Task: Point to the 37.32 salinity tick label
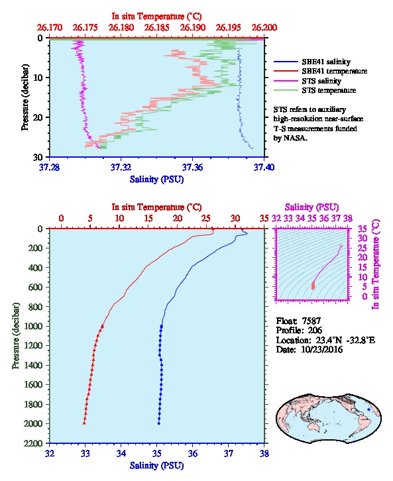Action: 121,168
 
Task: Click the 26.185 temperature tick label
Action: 157,28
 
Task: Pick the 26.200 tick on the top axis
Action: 264,28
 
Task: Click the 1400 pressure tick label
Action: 32,365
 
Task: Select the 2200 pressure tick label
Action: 32,443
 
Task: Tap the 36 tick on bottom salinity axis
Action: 192,453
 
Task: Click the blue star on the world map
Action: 368,409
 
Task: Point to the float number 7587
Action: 311,321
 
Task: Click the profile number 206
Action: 315,331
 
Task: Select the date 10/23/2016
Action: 322,349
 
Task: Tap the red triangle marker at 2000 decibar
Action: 84,423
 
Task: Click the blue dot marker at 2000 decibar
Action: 159,423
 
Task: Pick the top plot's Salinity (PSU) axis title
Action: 157,180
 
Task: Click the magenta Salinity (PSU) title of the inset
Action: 311,207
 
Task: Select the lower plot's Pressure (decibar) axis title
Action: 16,336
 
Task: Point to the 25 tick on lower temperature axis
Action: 206,219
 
